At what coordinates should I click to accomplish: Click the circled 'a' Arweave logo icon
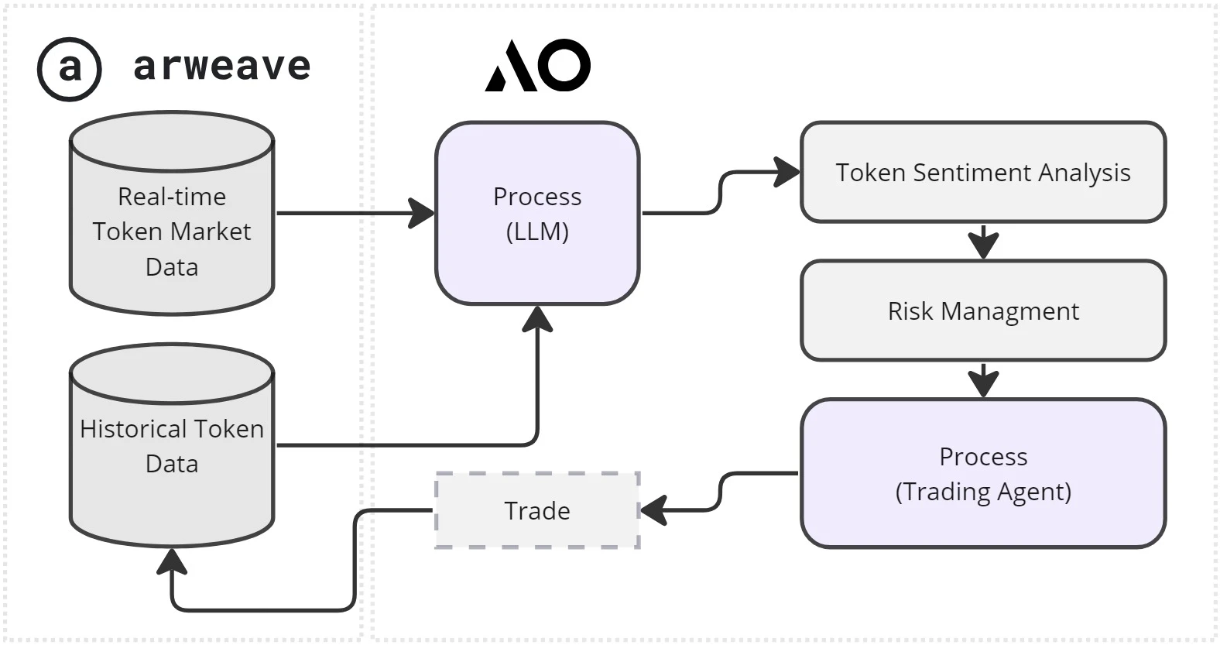pyautogui.click(x=69, y=69)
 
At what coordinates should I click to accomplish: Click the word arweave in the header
pyautogui.click(x=222, y=66)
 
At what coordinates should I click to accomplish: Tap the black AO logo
pyautogui.click(x=538, y=65)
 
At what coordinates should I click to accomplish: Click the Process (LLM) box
pyautogui.click(x=537, y=214)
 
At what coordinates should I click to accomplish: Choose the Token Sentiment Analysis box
pyautogui.click(x=982, y=172)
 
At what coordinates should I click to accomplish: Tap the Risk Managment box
pyautogui.click(x=982, y=310)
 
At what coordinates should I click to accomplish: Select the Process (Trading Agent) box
pyautogui.click(x=982, y=473)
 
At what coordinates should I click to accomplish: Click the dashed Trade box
pyautogui.click(x=537, y=510)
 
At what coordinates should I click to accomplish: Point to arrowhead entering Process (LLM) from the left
pyautogui.click(x=423, y=213)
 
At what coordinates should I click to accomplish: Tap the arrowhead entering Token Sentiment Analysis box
pyautogui.click(x=787, y=172)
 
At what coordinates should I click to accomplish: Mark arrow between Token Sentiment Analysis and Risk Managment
pyautogui.click(x=982, y=242)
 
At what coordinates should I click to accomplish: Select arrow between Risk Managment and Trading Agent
pyautogui.click(x=982, y=381)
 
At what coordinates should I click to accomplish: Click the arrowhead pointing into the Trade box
pyautogui.click(x=653, y=510)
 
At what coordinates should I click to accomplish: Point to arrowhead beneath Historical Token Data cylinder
pyautogui.click(x=171, y=561)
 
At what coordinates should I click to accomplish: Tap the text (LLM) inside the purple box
pyautogui.click(x=537, y=232)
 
